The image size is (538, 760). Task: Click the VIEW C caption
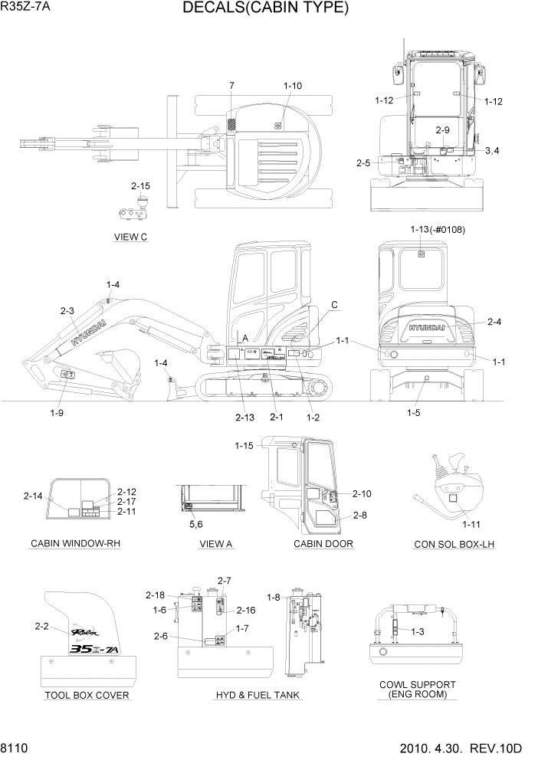130,237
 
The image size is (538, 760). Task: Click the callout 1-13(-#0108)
438,230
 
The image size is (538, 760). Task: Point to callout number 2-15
140,185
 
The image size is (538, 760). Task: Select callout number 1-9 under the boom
57,412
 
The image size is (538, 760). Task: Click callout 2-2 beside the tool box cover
42,626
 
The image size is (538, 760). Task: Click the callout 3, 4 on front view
491,150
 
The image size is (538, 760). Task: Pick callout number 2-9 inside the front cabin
443,130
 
